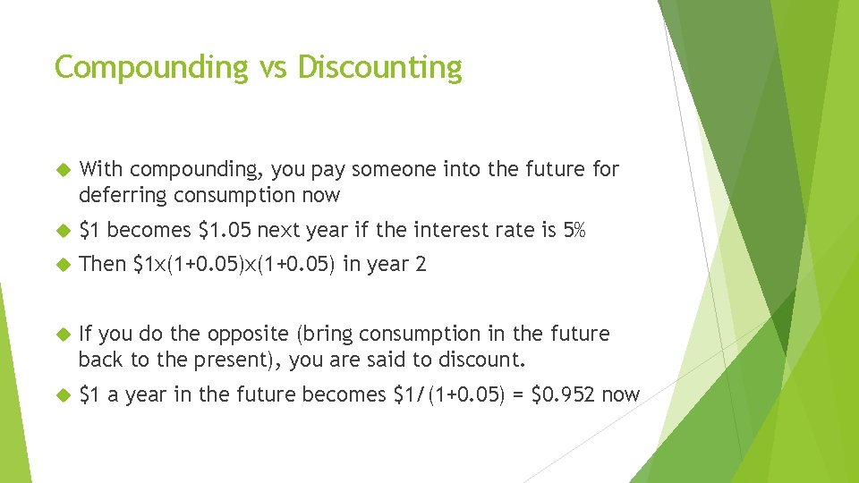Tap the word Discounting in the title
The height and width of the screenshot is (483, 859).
[x=379, y=67]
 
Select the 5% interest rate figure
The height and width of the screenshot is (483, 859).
[x=574, y=231]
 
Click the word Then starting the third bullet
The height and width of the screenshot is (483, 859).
[x=102, y=264]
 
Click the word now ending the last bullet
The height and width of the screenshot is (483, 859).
[x=621, y=394]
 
